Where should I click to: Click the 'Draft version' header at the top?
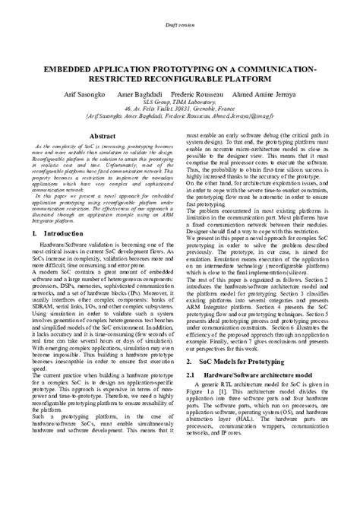tap(180, 25)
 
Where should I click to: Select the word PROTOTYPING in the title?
tap(182, 68)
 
